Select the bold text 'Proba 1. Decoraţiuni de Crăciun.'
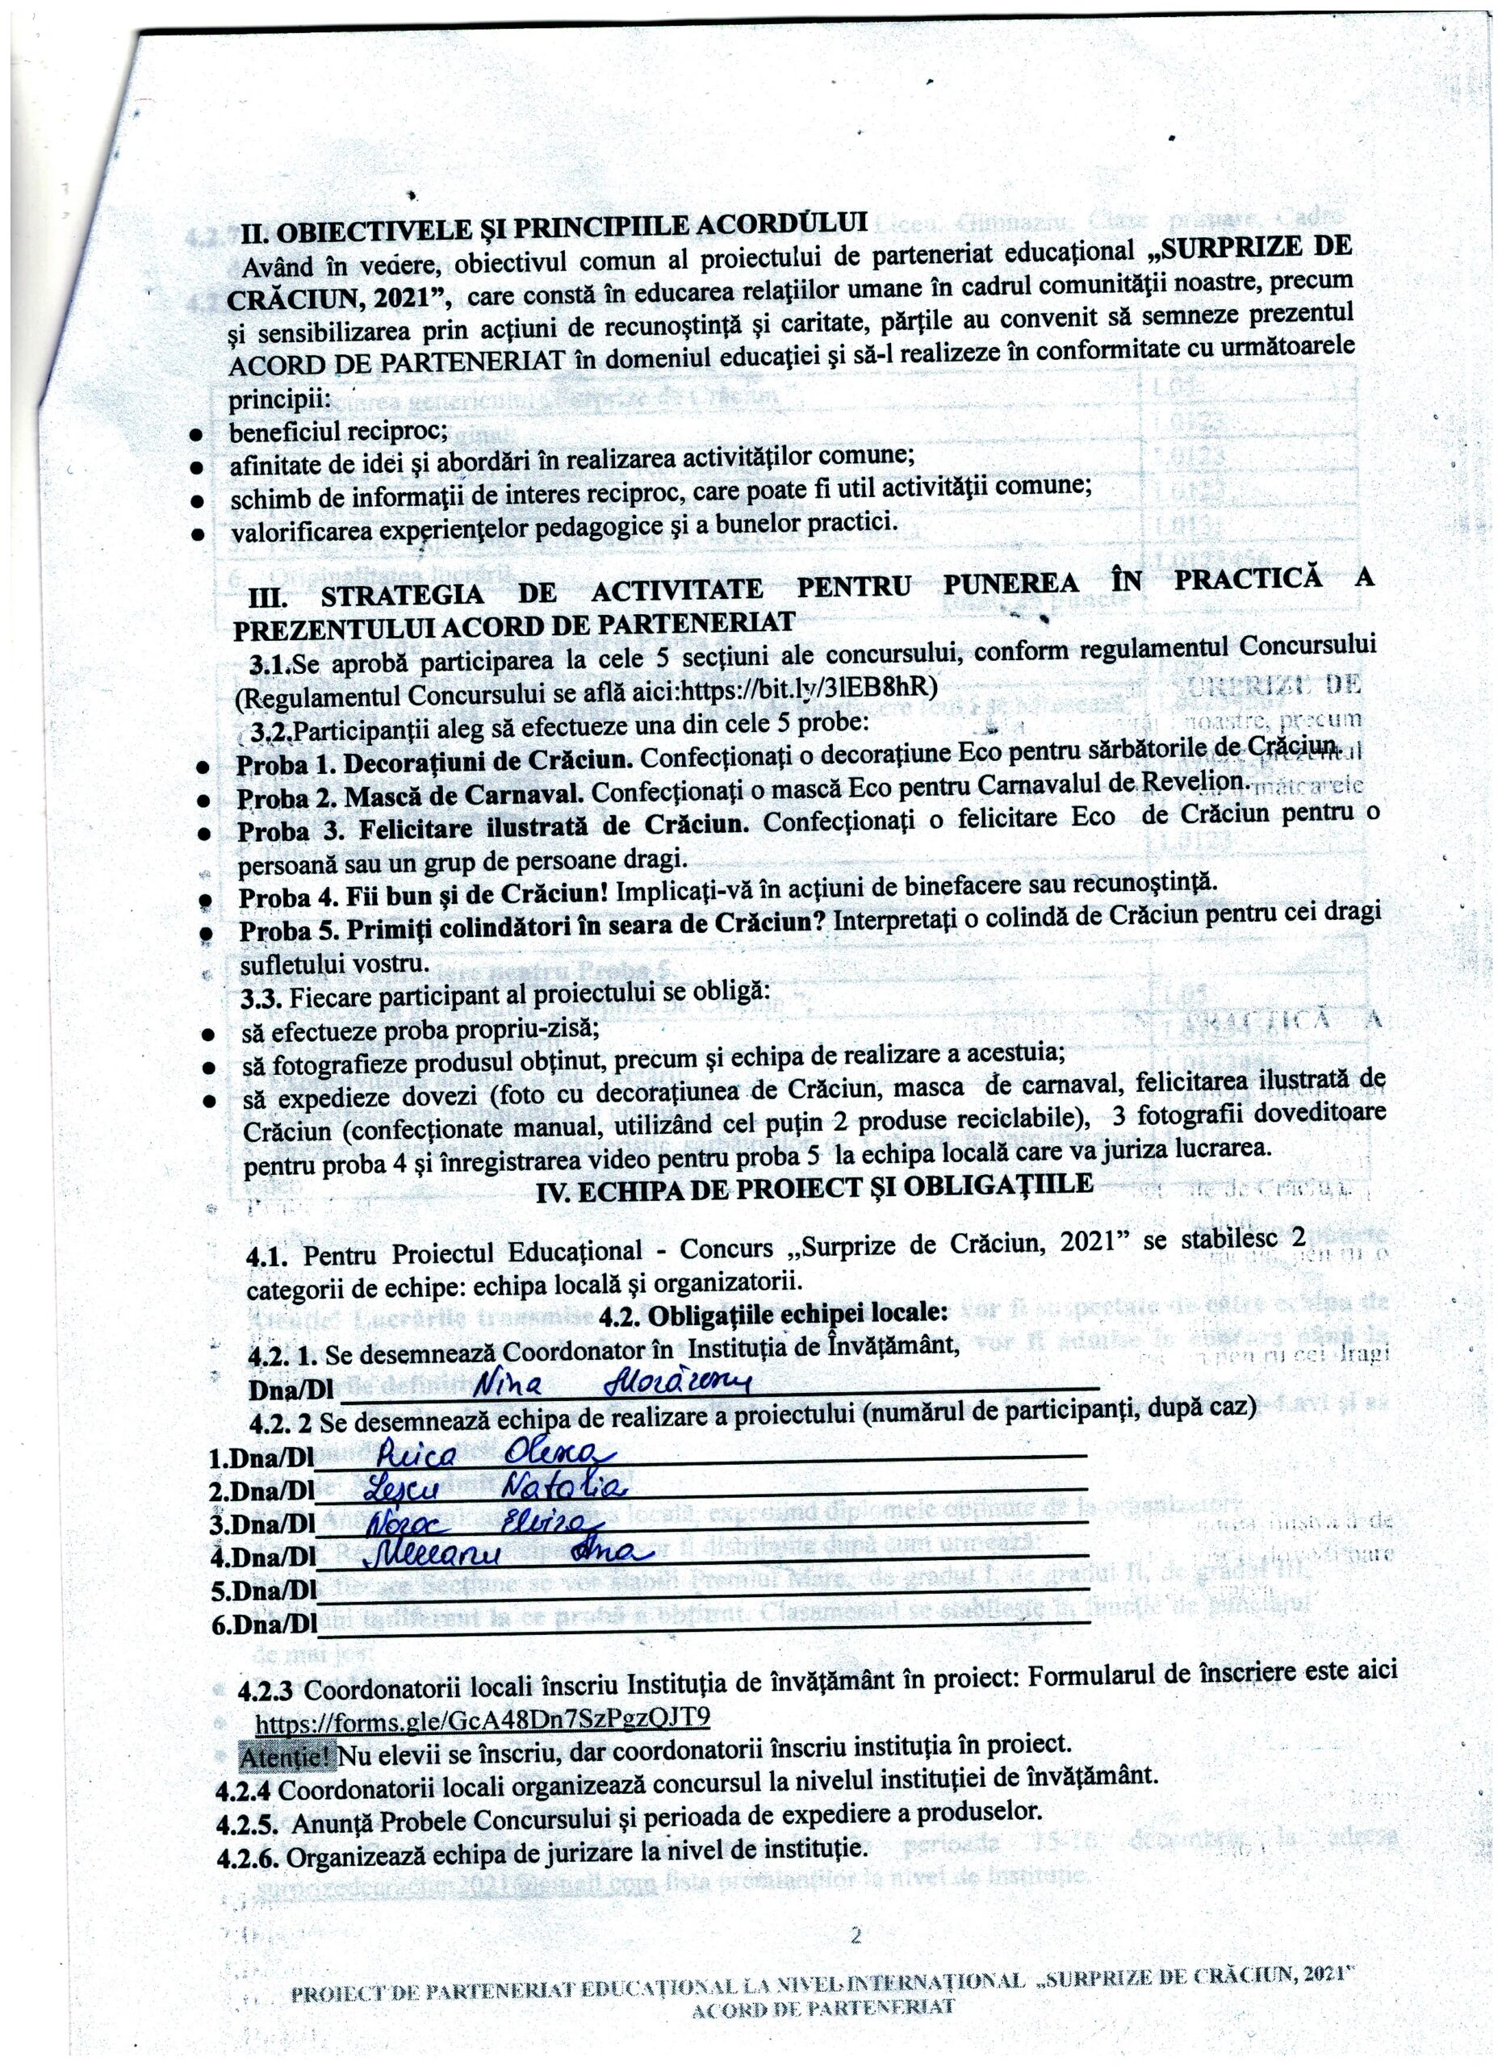434,762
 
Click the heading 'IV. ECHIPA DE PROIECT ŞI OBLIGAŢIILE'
814,1187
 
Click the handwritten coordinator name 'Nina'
512,1386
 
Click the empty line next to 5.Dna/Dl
701,1591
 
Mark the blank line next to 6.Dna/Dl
701,1623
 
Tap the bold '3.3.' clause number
261,999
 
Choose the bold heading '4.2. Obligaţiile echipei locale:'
774,1311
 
